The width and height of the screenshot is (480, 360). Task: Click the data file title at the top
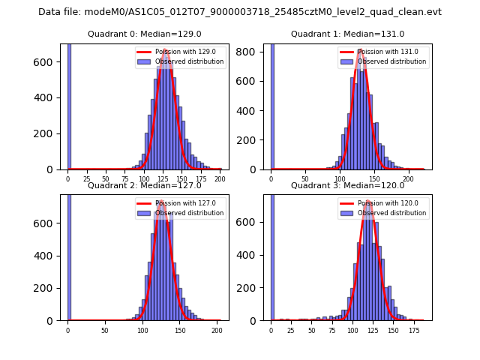point(240,12)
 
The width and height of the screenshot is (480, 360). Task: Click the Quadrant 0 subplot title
point(145,34)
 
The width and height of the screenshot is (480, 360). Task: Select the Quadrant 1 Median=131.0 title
point(347,34)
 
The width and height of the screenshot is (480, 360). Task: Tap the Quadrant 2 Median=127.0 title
point(145,185)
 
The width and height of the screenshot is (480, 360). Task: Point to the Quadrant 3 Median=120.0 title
point(347,185)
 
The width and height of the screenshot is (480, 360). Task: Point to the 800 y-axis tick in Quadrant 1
point(253,52)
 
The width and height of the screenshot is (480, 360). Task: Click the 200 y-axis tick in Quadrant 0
point(51,133)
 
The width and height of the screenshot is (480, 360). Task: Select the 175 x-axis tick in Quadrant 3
point(414,330)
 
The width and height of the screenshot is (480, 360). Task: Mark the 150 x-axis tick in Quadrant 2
point(180,330)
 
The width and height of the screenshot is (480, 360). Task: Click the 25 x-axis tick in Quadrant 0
point(86,178)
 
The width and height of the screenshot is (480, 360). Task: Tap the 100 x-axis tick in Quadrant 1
point(340,178)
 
